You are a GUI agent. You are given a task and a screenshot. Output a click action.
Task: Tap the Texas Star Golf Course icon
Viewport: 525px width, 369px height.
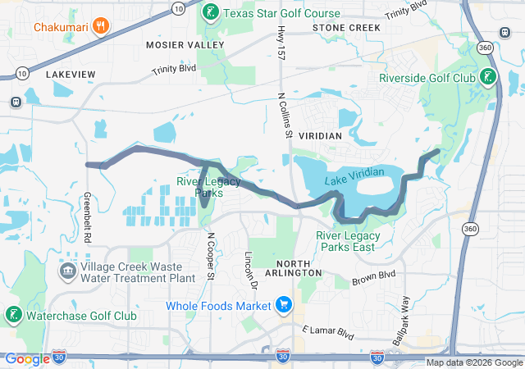pos(210,12)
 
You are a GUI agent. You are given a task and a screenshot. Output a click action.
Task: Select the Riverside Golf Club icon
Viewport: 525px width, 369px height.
pos(488,78)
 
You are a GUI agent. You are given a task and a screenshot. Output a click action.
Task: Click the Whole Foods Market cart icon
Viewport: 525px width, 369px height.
pos(284,306)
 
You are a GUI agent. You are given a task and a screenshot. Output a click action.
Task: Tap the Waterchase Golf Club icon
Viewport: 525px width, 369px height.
pos(13,315)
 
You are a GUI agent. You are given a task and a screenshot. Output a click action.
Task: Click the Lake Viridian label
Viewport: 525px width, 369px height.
pos(354,173)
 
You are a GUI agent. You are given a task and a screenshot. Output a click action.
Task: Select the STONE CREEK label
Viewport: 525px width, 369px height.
pos(346,28)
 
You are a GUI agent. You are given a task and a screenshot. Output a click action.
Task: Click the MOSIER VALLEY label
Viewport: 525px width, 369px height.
pos(185,43)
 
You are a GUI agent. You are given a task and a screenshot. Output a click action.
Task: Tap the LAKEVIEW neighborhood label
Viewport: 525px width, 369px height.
pos(71,75)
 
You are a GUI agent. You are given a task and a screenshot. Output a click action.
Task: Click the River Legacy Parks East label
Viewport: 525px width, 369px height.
pos(345,241)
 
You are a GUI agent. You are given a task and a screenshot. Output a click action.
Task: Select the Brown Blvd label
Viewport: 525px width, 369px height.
pos(373,277)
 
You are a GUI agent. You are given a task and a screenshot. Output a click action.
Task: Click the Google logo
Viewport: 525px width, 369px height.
pos(28,358)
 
